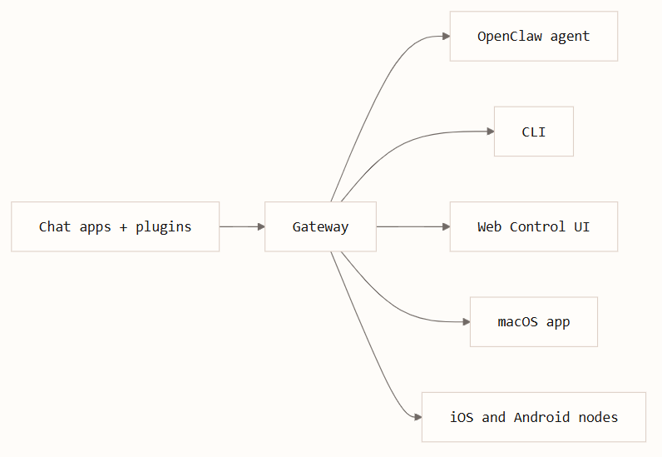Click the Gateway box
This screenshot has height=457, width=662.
(x=320, y=226)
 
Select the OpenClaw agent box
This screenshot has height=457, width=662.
(x=534, y=37)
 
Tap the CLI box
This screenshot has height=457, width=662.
(x=534, y=132)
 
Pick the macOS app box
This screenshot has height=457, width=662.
(x=534, y=321)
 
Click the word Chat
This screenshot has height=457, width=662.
(x=54, y=226)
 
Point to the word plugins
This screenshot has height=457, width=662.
(x=163, y=227)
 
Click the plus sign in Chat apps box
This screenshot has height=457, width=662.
(x=123, y=227)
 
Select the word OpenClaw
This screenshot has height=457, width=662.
(x=510, y=37)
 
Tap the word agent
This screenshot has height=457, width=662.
(x=570, y=37)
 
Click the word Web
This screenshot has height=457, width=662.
(x=489, y=226)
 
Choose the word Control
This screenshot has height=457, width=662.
(x=537, y=226)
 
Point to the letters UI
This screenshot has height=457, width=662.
(x=582, y=226)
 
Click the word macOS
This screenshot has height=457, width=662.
(x=517, y=321)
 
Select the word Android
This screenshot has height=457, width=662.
(x=541, y=417)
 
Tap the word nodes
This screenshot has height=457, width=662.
(x=598, y=417)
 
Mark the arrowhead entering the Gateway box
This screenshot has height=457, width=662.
(x=261, y=226)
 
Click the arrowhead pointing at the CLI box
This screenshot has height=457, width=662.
(x=491, y=132)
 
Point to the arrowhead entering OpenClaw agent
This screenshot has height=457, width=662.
(x=447, y=37)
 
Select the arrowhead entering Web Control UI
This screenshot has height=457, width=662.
(x=447, y=226)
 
